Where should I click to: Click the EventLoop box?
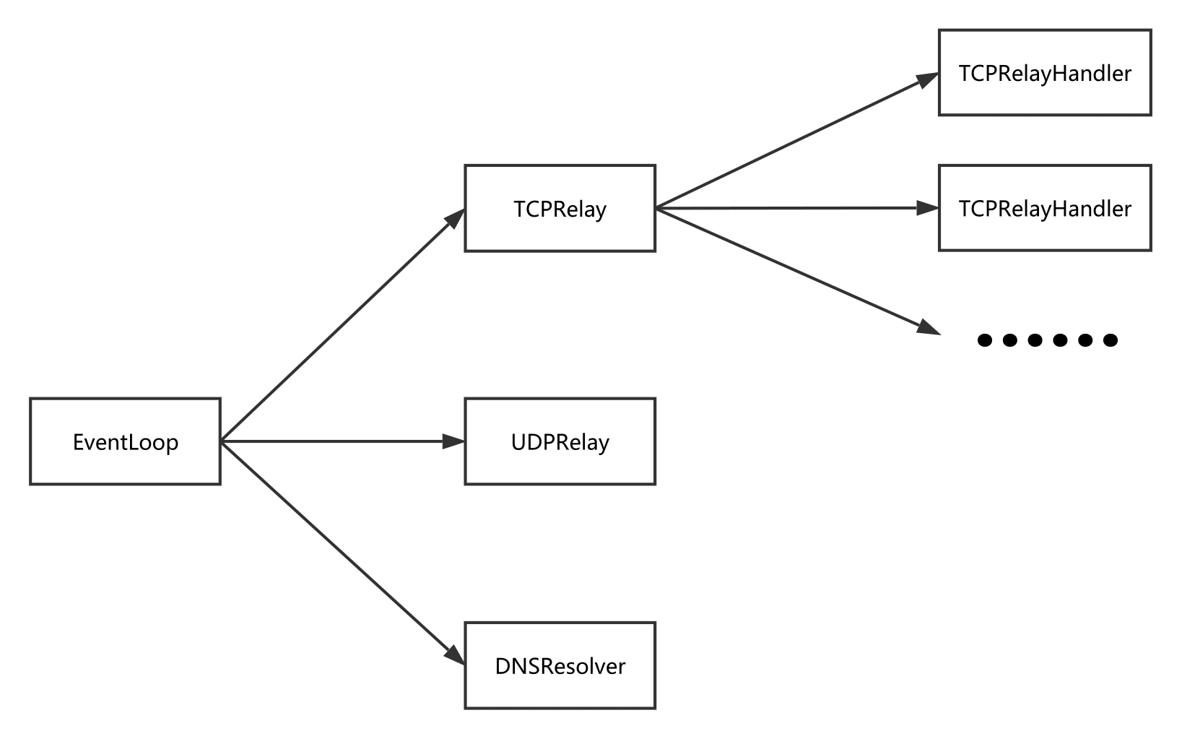125,441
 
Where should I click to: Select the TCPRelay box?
560,209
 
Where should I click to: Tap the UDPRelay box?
560,441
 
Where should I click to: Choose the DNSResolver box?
560,665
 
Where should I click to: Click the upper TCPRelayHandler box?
1045,72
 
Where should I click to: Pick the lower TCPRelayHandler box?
1045,208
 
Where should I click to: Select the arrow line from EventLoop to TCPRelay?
343,324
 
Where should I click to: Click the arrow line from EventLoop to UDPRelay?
343,441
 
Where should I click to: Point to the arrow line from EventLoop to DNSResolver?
343,553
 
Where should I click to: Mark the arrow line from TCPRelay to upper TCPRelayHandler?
797,140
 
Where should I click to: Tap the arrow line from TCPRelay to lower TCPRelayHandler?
797,208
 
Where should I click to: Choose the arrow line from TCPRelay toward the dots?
798,272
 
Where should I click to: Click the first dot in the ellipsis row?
985,340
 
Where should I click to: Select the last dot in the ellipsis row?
1111,340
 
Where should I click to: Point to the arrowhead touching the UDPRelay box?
453,441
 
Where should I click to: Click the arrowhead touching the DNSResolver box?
455,655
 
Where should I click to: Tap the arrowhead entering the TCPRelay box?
455,218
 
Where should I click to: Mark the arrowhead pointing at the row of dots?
929,327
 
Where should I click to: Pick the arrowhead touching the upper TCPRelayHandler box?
928,79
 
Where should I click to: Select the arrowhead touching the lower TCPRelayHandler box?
928,208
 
